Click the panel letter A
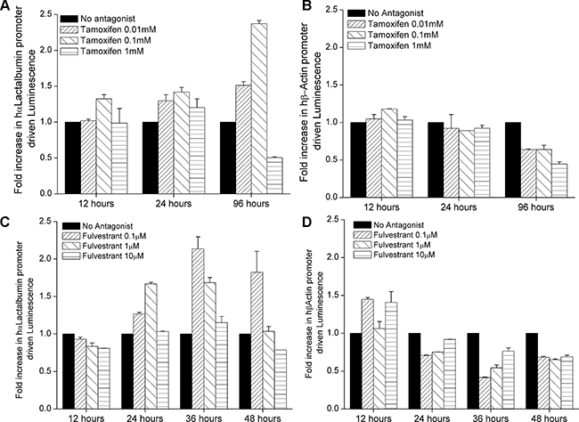pyautogui.click(x=4, y=7)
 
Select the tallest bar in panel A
pyautogui.click(x=259, y=109)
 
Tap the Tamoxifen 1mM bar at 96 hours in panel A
pyautogui.click(x=274, y=175)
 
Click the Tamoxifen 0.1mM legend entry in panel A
pyautogui.click(x=106, y=39)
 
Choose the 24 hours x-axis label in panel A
pyautogui.click(x=174, y=203)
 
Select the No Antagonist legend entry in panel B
pyautogui.click(x=386, y=13)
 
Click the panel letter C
pyautogui.click(x=4, y=224)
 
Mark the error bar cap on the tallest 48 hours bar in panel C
pyautogui.click(x=257, y=251)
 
